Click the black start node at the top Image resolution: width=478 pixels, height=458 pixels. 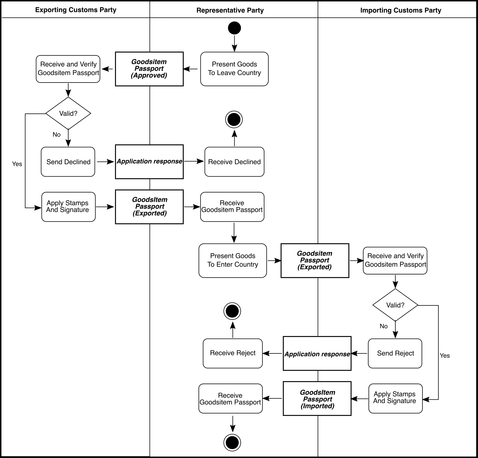tap(234, 28)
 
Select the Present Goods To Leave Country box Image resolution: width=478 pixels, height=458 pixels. tap(234, 69)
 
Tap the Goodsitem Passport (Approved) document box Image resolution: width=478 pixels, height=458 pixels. tap(149, 69)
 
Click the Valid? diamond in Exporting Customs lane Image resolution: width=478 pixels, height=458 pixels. tap(68, 113)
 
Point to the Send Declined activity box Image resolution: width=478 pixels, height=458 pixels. tap(68, 162)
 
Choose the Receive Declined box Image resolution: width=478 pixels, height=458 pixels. tap(234, 162)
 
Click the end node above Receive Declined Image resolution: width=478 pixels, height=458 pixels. tap(234, 120)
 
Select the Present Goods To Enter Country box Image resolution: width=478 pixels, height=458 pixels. tap(233, 261)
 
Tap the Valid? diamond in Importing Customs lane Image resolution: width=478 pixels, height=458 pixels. tap(395, 305)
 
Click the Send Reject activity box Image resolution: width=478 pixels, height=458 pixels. tap(395, 353)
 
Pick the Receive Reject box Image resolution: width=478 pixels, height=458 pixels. tap(233, 353)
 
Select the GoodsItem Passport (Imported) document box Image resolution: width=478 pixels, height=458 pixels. tap(317, 399)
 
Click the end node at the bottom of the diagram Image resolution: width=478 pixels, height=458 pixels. tap(232, 442)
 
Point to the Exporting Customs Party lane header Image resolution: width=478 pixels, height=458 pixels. tap(76, 10)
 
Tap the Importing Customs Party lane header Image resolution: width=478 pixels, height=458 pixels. tap(401, 10)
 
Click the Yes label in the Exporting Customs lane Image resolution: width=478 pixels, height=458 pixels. tap(17, 164)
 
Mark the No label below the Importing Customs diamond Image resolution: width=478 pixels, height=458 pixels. tap(384, 326)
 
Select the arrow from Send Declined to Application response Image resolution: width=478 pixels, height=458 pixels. tap(106, 161)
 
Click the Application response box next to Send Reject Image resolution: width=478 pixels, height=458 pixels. tap(317, 353)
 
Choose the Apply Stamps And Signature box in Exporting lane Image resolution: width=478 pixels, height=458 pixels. tap(68, 207)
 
